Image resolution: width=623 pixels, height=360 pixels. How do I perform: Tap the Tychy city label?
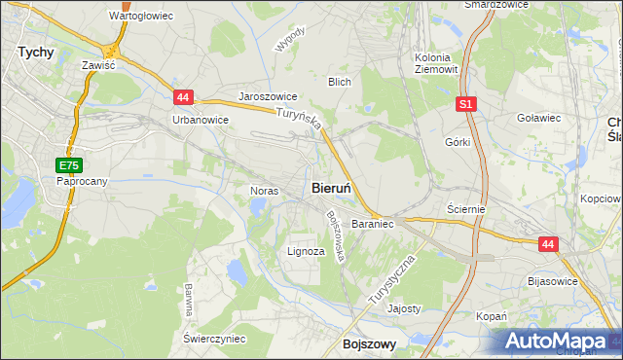36,53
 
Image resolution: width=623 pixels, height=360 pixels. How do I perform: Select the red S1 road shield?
466,103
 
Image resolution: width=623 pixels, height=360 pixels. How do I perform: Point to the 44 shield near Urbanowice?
184,97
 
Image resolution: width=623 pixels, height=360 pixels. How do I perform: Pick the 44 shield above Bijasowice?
548,245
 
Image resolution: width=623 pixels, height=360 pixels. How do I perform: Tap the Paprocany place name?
82,181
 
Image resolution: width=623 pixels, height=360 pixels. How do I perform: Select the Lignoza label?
306,251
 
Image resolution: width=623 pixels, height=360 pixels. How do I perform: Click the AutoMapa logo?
559,341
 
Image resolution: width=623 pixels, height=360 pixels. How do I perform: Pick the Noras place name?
265,191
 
